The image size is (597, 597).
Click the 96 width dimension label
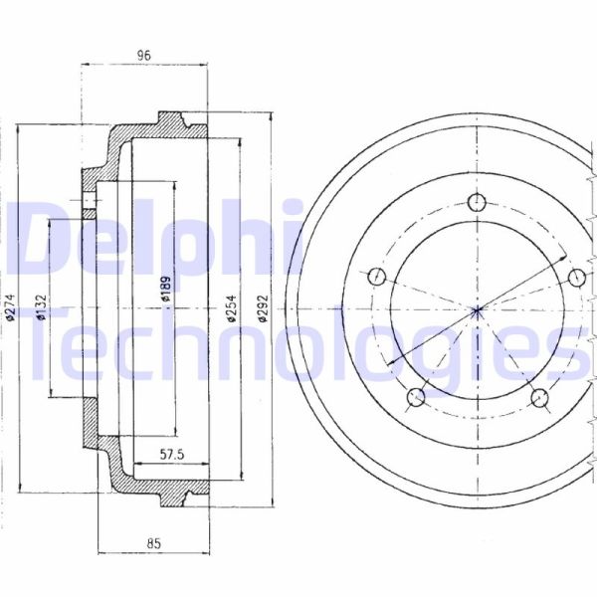pyautogui.click(x=144, y=55)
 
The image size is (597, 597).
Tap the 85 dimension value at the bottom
pyautogui.click(x=154, y=543)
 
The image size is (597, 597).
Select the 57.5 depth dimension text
pyautogui.click(x=172, y=455)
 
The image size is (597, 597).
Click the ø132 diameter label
pyautogui.click(x=41, y=308)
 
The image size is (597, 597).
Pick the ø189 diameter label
pyautogui.click(x=166, y=289)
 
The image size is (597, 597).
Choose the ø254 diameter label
pyautogui.click(x=231, y=308)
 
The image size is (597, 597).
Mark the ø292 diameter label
pyautogui.click(x=263, y=308)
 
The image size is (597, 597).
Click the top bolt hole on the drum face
pyautogui.click(x=477, y=202)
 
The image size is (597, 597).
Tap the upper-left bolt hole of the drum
pyautogui.click(x=377, y=277)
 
